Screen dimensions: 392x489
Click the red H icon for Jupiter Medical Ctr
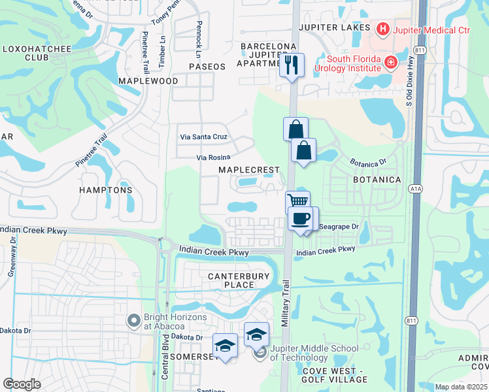coord(382,29)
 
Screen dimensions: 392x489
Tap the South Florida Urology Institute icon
coord(391,62)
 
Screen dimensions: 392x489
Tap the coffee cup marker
coord(301,218)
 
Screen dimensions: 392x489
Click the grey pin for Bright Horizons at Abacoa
coord(134,320)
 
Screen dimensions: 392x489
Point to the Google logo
coord(22,384)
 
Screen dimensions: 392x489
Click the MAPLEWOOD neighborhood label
coord(148,80)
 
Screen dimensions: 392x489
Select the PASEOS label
coord(207,67)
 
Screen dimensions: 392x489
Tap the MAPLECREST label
coord(248,170)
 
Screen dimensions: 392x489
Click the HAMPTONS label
coord(106,190)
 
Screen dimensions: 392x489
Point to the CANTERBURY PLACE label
coord(239,280)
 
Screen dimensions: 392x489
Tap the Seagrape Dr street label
coord(337,227)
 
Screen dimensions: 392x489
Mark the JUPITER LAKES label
coord(335,27)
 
